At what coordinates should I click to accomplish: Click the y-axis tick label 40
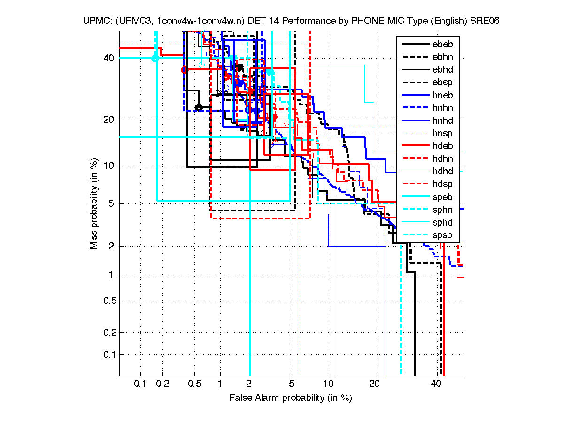point(109,58)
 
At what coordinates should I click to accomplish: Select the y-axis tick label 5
point(112,203)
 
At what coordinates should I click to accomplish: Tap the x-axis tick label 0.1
point(140,384)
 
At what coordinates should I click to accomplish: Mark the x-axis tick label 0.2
point(162,384)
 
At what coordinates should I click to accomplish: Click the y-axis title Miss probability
point(94,203)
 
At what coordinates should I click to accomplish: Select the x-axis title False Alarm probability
point(291,398)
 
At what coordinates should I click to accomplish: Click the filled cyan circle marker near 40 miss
point(155,58)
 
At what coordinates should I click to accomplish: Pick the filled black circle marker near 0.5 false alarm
point(199,107)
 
